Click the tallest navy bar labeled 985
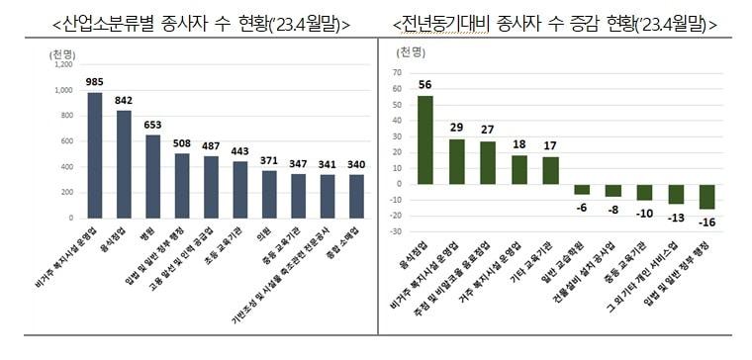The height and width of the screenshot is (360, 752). point(95,154)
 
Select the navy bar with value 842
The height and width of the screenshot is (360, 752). point(124,163)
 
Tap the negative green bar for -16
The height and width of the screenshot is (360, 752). point(706,197)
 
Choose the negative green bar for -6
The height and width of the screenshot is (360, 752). point(582,189)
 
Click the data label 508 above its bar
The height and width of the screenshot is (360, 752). point(182,142)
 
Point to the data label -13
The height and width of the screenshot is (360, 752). point(676,218)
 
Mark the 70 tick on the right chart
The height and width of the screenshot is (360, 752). point(397,72)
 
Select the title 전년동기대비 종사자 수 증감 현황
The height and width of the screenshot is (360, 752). point(555,22)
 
